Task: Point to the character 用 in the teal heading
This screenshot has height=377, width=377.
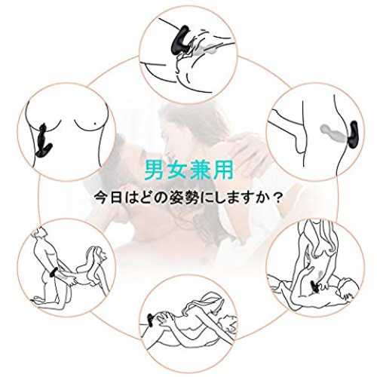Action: pyautogui.click(x=222, y=170)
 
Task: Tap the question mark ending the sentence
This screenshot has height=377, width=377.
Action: pyautogui.click(x=277, y=198)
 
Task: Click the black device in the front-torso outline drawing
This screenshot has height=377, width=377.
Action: pyautogui.click(x=44, y=140)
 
